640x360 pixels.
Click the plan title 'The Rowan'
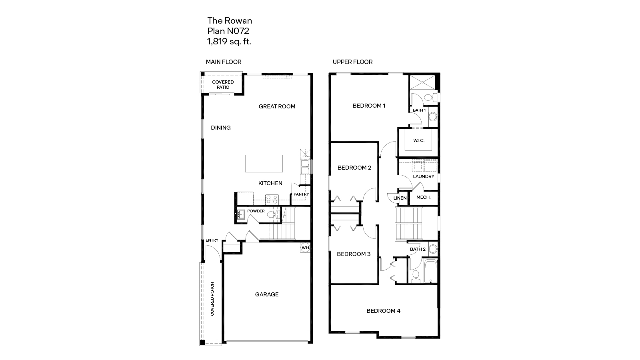pyautogui.click(x=230, y=21)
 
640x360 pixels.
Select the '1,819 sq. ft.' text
pyautogui.click(x=229, y=41)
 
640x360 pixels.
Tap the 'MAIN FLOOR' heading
pyautogui.click(x=224, y=62)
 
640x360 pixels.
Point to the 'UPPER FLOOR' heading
pyautogui.click(x=352, y=62)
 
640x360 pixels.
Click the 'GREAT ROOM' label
pyautogui.click(x=277, y=106)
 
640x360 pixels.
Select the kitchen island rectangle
pyautogui.click(x=264, y=164)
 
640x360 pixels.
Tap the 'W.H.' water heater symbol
pyautogui.click(x=306, y=248)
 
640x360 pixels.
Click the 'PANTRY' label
pyautogui.click(x=301, y=194)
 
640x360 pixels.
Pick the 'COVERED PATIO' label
pyautogui.click(x=223, y=85)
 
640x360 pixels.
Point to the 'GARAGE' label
pyautogui.click(x=267, y=294)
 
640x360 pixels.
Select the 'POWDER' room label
pyautogui.click(x=256, y=211)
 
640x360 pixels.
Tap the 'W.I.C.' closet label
pyautogui.click(x=419, y=140)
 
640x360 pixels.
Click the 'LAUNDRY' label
pyautogui.click(x=424, y=176)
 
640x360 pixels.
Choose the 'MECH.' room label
pyautogui.click(x=423, y=198)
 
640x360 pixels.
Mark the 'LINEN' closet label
pyautogui.click(x=400, y=198)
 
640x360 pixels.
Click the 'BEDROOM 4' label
pyautogui.click(x=383, y=311)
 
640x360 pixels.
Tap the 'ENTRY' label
pyautogui.click(x=212, y=240)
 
